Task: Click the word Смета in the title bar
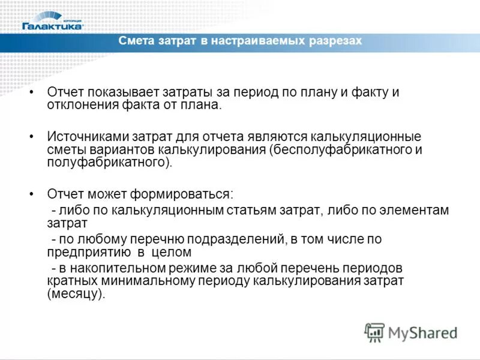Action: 136,41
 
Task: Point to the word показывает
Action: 118,93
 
